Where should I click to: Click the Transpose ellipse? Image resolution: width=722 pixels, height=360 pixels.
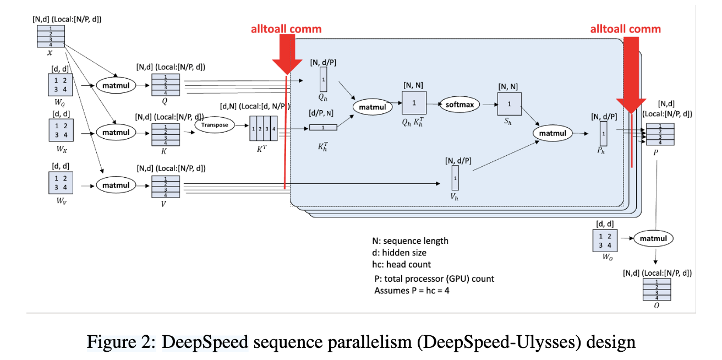(x=214, y=124)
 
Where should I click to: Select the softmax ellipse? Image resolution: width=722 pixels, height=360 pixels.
(x=460, y=104)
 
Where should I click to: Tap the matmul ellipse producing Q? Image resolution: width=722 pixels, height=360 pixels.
(x=116, y=85)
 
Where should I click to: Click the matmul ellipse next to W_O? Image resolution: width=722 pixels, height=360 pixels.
(x=653, y=238)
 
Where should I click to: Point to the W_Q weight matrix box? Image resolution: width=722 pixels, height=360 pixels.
(x=60, y=85)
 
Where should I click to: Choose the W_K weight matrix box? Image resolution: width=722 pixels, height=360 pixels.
(x=60, y=132)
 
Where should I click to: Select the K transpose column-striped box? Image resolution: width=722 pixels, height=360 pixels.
(x=263, y=130)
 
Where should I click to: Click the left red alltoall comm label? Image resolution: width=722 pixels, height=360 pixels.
(x=286, y=29)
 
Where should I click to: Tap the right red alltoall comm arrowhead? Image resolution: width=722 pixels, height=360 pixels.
(x=631, y=108)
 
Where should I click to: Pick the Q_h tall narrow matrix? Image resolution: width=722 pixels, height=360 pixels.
(x=324, y=80)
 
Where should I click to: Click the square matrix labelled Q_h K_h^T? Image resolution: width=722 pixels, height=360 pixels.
(x=414, y=103)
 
